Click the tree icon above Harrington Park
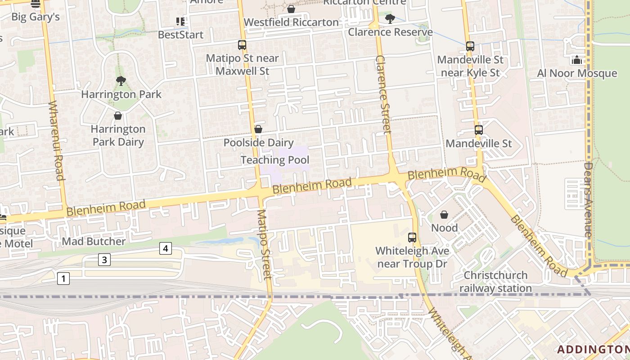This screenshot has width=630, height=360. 121,81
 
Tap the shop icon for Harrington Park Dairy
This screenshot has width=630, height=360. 118,116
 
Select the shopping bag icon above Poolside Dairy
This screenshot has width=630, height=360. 258,130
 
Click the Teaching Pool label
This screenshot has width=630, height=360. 274,160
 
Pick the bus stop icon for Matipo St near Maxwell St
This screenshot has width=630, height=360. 242,45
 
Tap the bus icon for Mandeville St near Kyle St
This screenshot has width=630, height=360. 470,46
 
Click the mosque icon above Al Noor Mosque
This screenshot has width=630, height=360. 577,60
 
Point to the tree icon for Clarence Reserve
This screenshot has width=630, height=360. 390,19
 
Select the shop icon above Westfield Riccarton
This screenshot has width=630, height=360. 291,9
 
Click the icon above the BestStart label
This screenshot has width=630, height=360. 180,21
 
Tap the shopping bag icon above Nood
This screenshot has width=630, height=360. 444,215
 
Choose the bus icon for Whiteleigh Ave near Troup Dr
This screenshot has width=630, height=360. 412,238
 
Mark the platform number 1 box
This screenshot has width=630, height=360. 63,279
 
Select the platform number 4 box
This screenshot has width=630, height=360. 166,248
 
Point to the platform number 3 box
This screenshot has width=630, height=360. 104,260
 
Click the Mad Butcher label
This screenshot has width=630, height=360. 94,241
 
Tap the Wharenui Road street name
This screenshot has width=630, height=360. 57,140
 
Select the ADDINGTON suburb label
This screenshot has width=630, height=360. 593,349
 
